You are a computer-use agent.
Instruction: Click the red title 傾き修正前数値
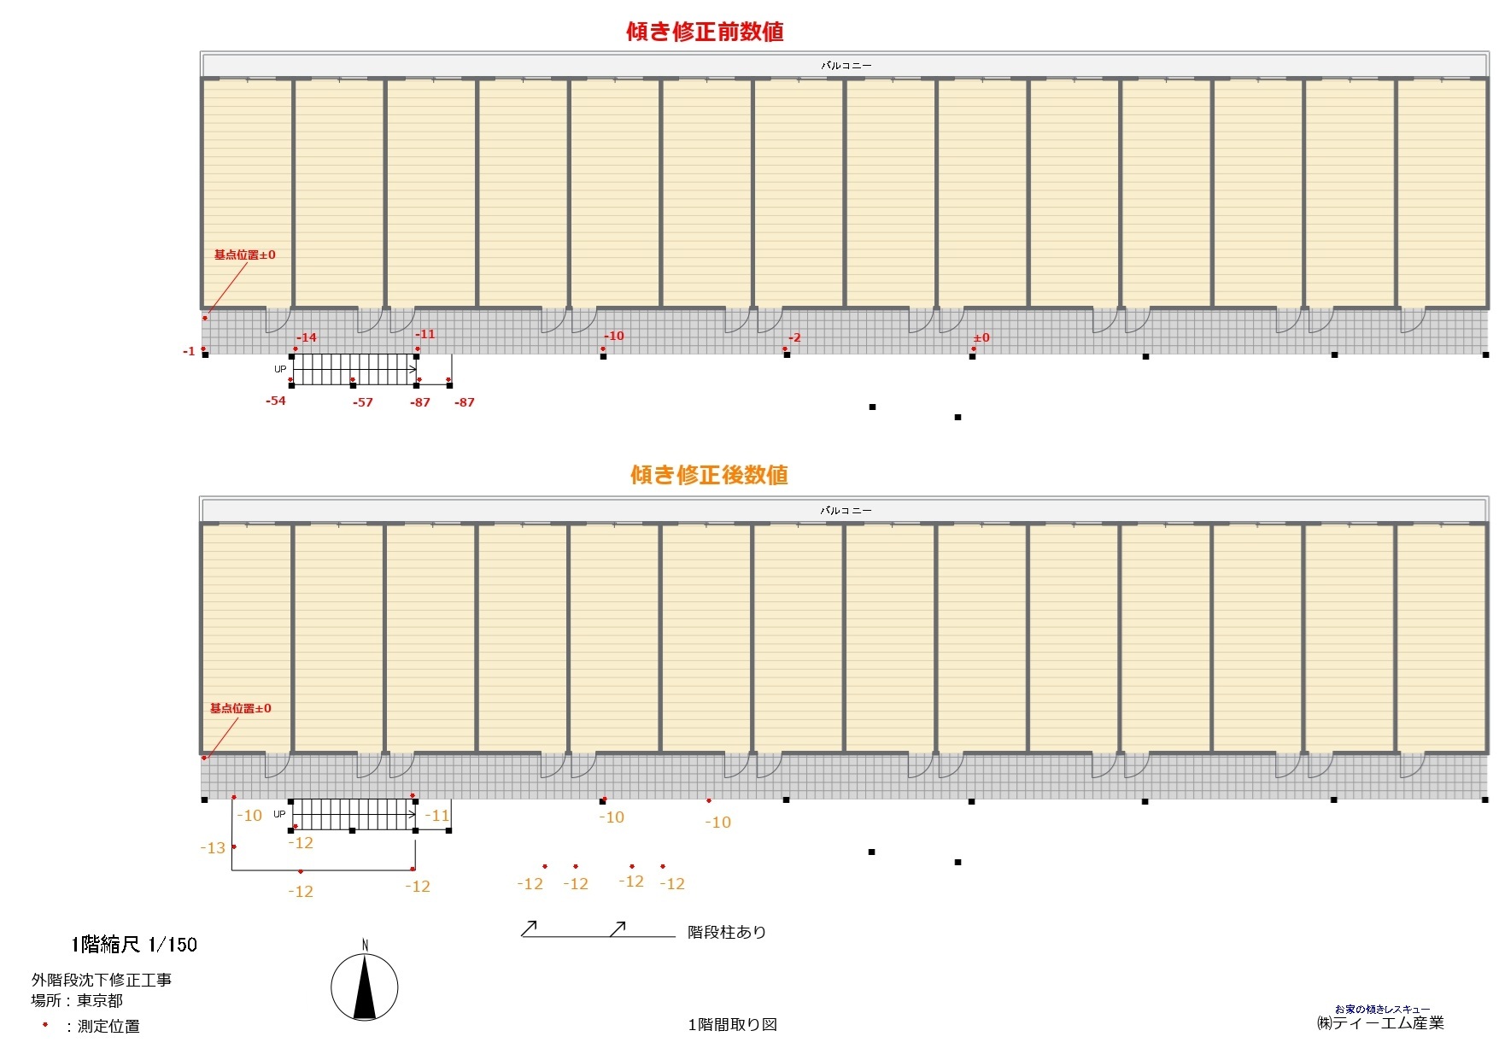[705, 32]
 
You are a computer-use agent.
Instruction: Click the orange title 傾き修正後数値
[709, 475]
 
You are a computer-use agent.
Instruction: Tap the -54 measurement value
[276, 401]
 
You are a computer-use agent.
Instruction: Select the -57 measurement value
[363, 402]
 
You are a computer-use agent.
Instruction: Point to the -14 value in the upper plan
[307, 337]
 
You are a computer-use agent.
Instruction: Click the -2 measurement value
[794, 337]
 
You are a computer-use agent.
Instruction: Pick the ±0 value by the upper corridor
[981, 337]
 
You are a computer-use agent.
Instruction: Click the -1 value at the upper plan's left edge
[189, 351]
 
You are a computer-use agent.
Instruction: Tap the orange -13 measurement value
[213, 848]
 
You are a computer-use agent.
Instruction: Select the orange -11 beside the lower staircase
[437, 816]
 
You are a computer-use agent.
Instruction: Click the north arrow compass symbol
[365, 987]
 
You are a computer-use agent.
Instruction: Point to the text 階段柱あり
[727, 932]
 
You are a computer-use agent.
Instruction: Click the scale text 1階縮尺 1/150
[134, 944]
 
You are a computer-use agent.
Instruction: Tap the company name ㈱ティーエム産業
[1380, 1022]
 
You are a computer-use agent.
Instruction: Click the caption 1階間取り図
[733, 1024]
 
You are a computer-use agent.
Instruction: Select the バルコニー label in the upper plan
[846, 65]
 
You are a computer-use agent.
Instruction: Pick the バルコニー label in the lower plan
[846, 510]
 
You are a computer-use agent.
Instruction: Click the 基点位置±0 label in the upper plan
[244, 255]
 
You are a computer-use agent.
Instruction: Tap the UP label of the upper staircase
[280, 369]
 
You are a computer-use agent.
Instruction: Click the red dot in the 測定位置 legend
[45, 1024]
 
